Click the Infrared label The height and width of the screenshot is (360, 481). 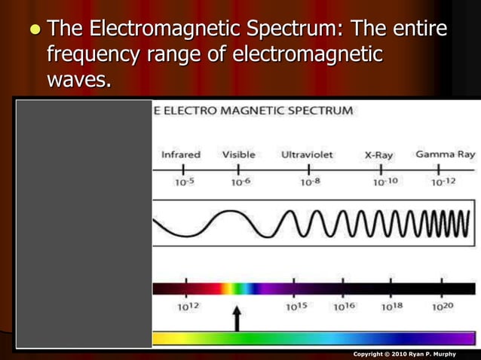[180, 155]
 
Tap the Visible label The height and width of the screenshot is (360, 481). [238, 155]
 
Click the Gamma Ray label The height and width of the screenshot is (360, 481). [445, 154]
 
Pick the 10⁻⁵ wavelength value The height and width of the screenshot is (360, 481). [184, 182]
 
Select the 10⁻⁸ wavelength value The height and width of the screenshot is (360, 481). [310, 182]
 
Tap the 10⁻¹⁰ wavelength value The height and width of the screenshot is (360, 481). [385, 182]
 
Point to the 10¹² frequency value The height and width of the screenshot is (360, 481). [187, 307]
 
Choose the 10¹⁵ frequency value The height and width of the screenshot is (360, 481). [296, 307]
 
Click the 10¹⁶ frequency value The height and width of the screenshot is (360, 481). [344, 307]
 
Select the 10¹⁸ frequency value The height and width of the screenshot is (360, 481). [391, 307]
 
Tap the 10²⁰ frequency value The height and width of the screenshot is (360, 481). [443, 307]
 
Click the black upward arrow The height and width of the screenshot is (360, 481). [237, 317]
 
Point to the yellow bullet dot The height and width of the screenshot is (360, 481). [33, 30]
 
